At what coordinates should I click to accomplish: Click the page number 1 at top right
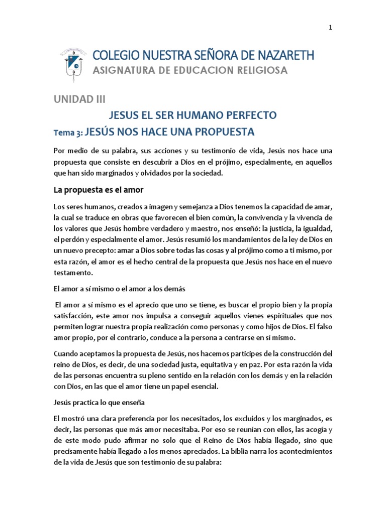point(330,28)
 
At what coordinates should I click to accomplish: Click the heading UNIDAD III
point(79,99)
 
